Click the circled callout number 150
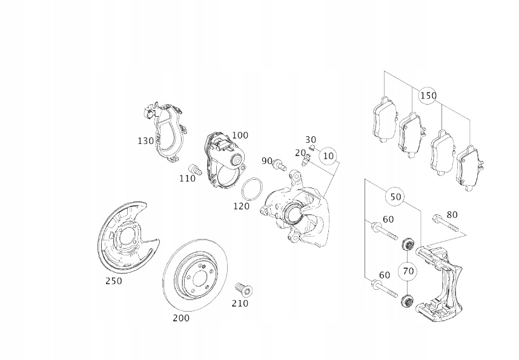coord(428,96)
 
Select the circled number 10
coord(328,156)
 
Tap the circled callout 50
coord(395,197)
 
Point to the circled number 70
coord(408,270)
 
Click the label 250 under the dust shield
coord(113,281)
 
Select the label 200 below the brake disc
coord(181,318)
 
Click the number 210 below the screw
coord(240,303)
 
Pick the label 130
coord(146,141)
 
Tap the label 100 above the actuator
coord(240,135)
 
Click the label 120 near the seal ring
coord(242,206)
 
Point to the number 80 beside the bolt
coord(452,214)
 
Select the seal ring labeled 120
coord(253,189)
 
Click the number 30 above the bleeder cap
coord(310,140)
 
